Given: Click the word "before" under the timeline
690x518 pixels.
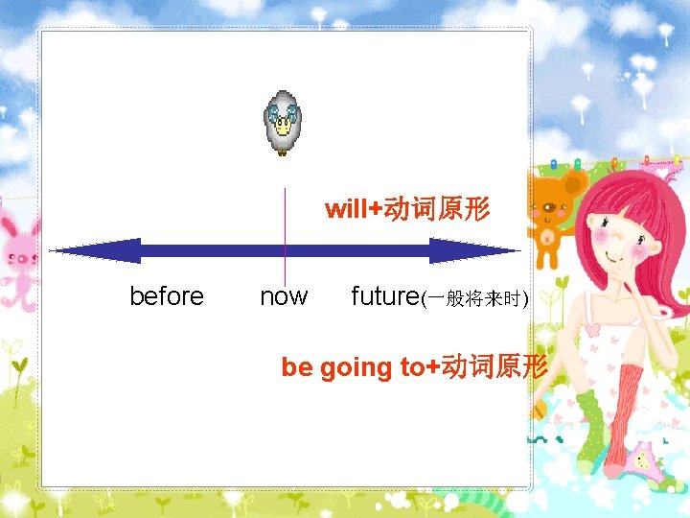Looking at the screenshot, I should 166,296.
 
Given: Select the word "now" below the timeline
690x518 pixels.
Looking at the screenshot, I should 284,296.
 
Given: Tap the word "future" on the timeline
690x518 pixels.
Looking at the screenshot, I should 385,296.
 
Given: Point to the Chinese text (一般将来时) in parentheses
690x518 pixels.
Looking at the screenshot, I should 475,299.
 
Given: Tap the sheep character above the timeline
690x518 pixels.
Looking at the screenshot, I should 283,123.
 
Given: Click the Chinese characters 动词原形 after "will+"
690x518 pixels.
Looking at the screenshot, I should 437,209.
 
